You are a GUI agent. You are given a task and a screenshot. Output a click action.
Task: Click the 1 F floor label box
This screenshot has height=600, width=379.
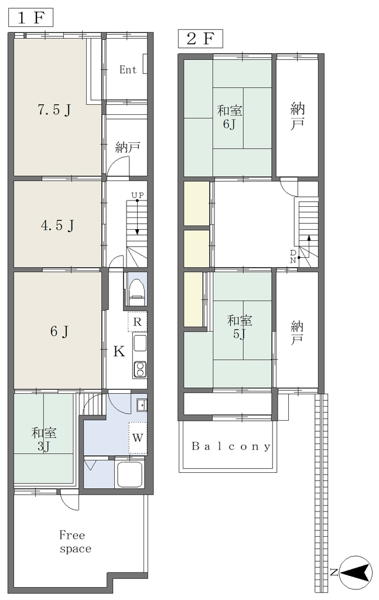point(30,18)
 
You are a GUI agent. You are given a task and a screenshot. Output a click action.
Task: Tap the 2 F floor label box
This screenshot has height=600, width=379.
point(200,39)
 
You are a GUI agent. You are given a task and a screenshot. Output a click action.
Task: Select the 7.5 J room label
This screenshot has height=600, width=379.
point(54,110)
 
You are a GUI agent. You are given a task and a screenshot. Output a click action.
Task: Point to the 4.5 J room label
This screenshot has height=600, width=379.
point(57,226)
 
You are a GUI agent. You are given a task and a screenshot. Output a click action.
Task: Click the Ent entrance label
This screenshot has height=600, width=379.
point(128,70)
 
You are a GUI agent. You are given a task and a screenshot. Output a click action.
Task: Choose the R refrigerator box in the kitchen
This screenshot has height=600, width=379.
point(137,322)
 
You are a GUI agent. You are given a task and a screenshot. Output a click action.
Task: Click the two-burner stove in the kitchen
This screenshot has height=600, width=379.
point(139,369)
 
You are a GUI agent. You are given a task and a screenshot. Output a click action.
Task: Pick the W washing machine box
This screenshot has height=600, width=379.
point(138,438)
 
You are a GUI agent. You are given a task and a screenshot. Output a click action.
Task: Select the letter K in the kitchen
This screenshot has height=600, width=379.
point(119,352)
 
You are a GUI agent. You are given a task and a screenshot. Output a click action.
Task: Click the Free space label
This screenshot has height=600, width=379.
point(75,542)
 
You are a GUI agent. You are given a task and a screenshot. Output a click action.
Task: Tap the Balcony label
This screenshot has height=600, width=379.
point(231,446)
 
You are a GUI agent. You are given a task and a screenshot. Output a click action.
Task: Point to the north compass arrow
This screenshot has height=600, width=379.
point(356,573)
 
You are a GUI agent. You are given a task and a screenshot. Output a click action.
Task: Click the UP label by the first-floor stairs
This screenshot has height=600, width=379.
point(138,196)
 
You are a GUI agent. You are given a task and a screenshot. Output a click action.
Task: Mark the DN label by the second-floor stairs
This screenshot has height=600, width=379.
point(292,256)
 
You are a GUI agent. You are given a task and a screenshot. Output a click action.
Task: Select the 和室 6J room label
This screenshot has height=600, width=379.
point(230,117)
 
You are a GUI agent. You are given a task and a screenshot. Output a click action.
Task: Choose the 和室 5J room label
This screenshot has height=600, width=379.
point(240,327)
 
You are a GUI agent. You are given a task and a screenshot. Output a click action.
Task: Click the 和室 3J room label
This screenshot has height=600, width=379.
point(44,439)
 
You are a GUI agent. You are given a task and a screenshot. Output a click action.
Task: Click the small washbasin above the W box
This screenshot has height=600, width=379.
point(142,405)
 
